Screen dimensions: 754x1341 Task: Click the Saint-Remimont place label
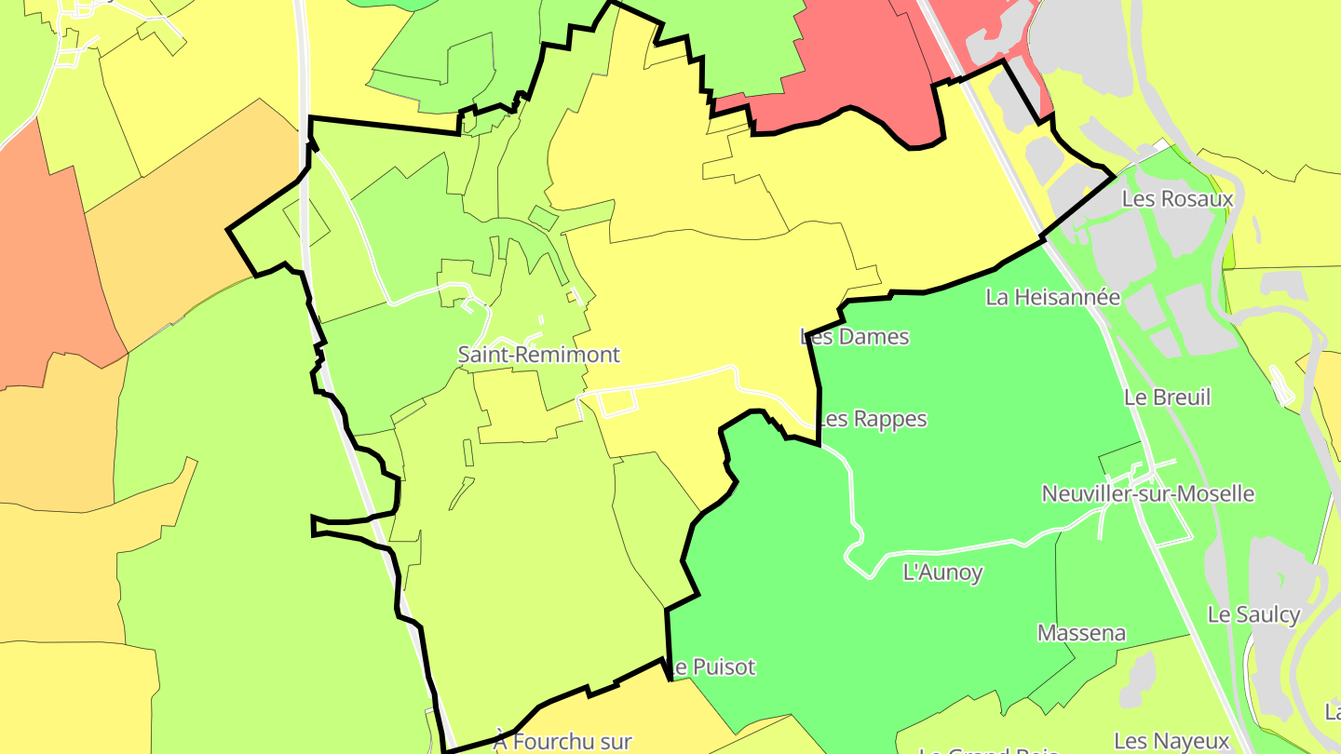pyautogui.click(x=538, y=355)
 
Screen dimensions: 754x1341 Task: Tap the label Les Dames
pyautogui.click(x=855, y=336)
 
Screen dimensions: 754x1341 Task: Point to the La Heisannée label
pyautogui.click(x=1052, y=297)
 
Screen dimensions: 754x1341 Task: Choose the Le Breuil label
pyautogui.click(x=1167, y=397)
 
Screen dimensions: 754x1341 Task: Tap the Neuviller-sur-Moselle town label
pyautogui.click(x=1148, y=493)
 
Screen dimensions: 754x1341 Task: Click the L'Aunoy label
pyautogui.click(x=942, y=572)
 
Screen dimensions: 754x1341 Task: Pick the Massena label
pyautogui.click(x=1081, y=633)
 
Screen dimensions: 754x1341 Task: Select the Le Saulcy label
pyautogui.click(x=1253, y=614)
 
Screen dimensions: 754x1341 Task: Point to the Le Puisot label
pyautogui.click(x=713, y=666)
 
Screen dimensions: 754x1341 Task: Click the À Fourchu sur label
pyautogui.click(x=562, y=742)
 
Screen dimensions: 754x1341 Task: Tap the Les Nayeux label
pyautogui.click(x=1172, y=741)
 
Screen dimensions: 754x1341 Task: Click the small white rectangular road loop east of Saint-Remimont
pyautogui.click(x=618, y=402)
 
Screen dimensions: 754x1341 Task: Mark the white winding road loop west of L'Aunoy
pyautogui.click(x=852, y=549)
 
